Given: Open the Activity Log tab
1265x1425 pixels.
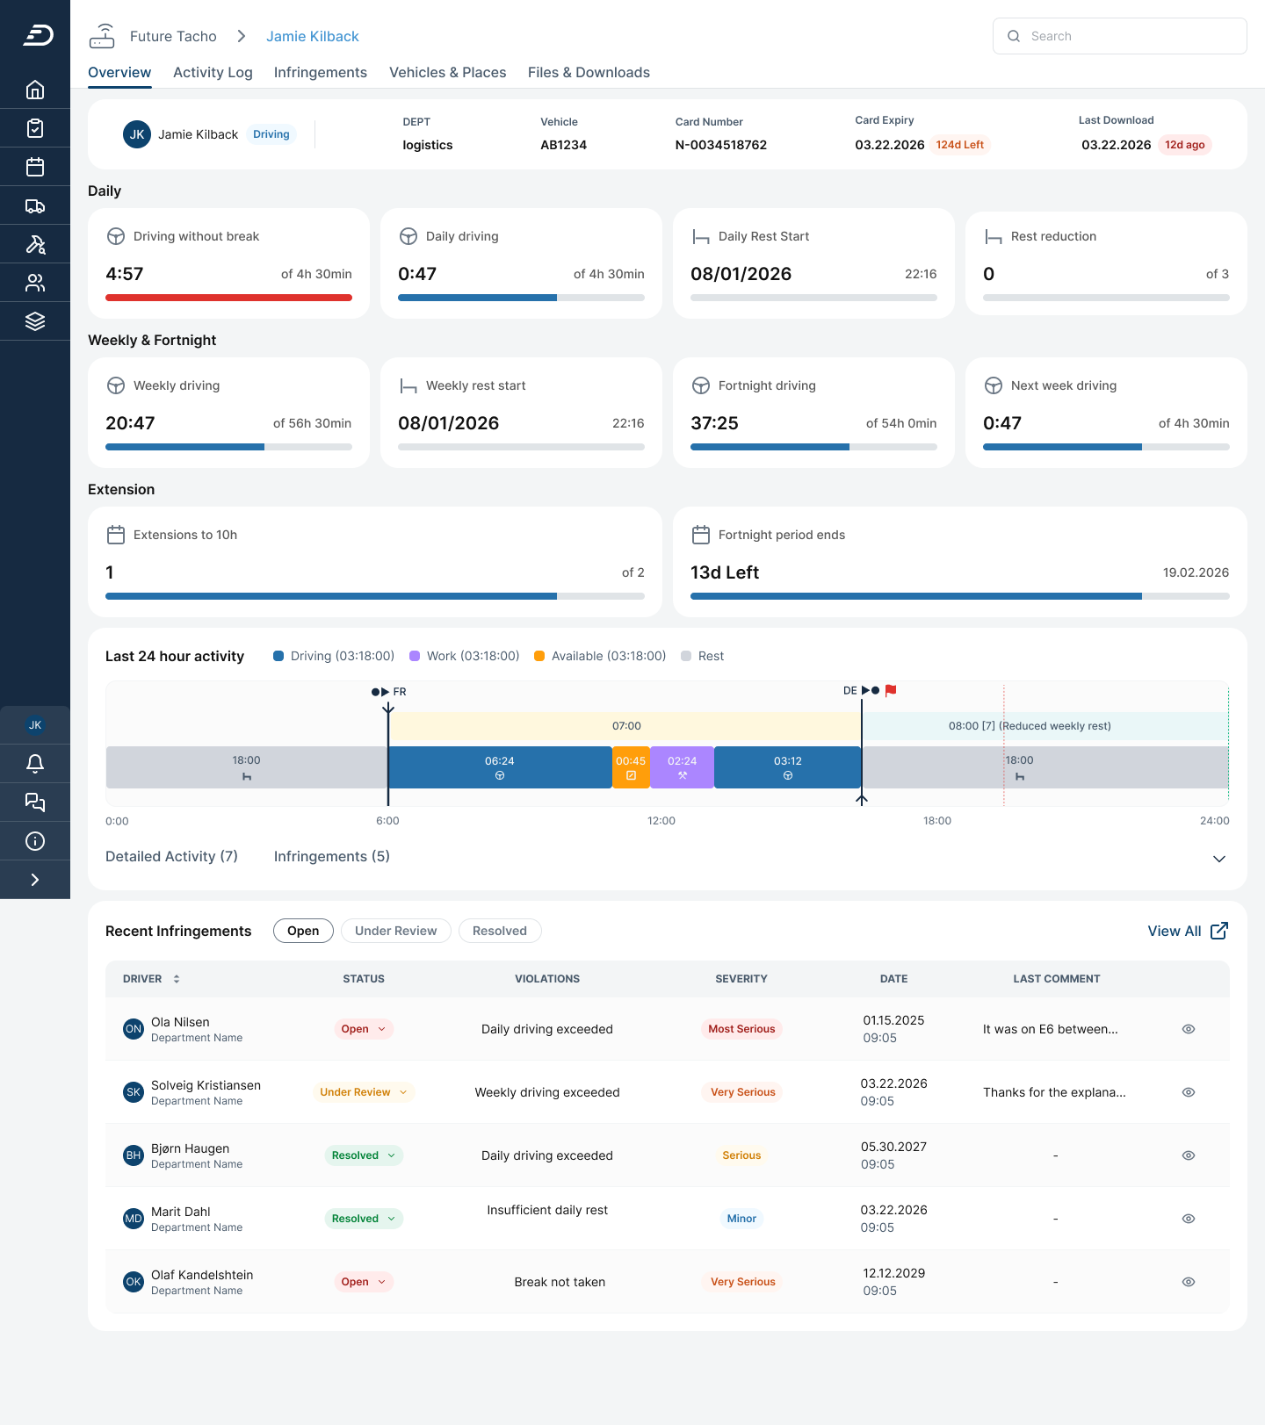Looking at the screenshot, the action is coord(213,72).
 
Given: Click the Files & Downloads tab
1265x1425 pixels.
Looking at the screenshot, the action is coord(589,72).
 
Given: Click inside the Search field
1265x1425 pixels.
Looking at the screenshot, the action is coord(1119,36).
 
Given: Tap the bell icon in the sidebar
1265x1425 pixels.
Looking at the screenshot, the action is coord(35,764).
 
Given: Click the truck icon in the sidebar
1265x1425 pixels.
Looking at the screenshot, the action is coord(35,205).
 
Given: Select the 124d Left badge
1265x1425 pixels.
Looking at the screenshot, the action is coord(960,145).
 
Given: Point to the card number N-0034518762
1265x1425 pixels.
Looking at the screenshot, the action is coord(720,145).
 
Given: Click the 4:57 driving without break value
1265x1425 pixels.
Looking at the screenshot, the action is coord(125,274).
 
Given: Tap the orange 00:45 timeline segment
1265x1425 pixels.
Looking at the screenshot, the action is coord(631,767).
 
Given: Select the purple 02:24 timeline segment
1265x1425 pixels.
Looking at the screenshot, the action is coord(682,767).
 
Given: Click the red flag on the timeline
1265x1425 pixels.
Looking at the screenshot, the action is coord(891,690).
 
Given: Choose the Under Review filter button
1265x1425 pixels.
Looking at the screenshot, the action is coord(395,931).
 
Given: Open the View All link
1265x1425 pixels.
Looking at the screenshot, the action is coord(1188,931).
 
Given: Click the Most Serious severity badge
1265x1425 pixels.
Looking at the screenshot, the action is coord(741,1029).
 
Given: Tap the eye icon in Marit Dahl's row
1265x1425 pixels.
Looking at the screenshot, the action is coord(1189,1219).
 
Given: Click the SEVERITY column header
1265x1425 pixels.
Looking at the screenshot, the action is coord(741,979).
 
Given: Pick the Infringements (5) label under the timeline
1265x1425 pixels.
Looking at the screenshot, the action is coord(332,856).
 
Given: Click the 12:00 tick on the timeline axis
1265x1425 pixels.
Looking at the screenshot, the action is coord(661,821).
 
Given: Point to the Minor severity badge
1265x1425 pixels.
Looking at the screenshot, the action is coord(741,1219).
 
